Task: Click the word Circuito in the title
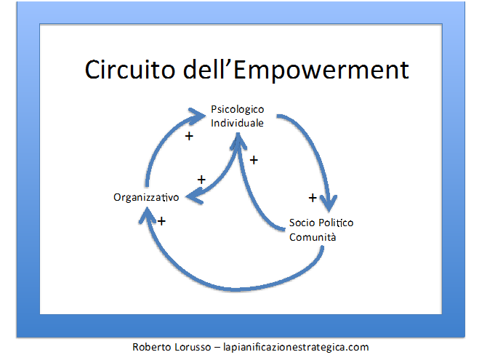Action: (130, 69)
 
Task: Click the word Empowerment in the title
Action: (321, 71)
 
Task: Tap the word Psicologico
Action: (238, 110)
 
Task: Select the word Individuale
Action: (237, 123)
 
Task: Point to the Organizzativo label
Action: (146, 197)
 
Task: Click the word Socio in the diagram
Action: (302, 223)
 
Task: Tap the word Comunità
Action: (313, 237)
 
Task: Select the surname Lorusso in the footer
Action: (193, 347)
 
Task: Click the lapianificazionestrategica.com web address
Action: (296, 348)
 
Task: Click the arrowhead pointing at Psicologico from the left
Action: (197, 116)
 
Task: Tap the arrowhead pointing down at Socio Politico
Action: (329, 202)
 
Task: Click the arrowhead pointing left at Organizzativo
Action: (194, 196)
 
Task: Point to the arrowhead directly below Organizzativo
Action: (148, 215)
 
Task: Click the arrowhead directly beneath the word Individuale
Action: (238, 141)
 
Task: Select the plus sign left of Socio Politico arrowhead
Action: (313, 198)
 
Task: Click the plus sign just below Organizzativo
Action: (161, 221)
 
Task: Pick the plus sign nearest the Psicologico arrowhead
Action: (189, 136)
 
